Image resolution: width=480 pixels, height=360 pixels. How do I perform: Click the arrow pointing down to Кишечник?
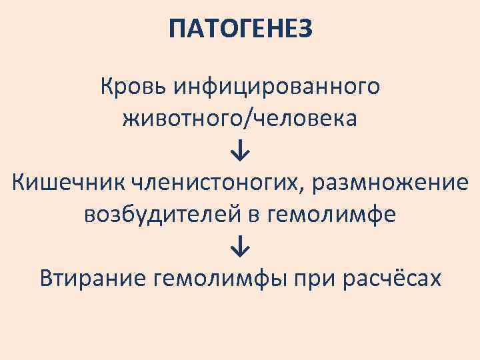point(240,151)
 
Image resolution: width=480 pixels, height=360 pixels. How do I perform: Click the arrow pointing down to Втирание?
point(240,247)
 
